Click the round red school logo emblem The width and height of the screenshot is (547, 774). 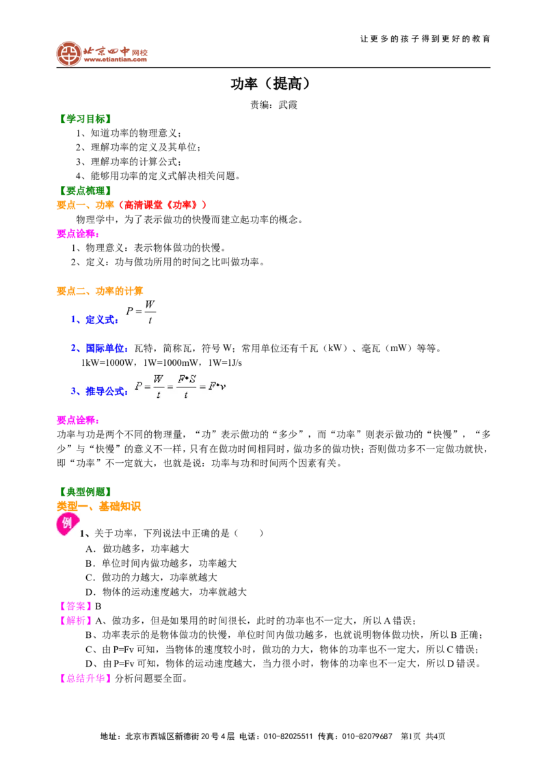click(x=68, y=53)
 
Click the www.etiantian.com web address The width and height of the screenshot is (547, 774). click(x=116, y=59)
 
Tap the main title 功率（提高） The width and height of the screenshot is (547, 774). click(x=271, y=84)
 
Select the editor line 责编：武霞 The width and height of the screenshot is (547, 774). click(x=273, y=105)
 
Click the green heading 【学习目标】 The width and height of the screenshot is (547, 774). click(x=84, y=119)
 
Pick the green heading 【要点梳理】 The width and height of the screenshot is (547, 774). click(x=84, y=191)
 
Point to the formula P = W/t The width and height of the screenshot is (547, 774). click(x=141, y=312)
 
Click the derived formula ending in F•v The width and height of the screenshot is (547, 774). click(x=181, y=386)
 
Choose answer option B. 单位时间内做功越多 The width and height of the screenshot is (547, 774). click(x=161, y=563)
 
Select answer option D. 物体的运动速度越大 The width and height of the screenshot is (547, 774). click(x=166, y=592)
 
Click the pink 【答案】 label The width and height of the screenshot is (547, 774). click(x=75, y=606)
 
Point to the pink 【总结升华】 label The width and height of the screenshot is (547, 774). click(x=84, y=678)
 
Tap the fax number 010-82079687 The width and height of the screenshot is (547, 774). click(x=367, y=736)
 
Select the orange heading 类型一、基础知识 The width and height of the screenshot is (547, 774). click(x=98, y=507)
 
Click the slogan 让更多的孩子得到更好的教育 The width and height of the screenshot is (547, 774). click(x=425, y=38)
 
